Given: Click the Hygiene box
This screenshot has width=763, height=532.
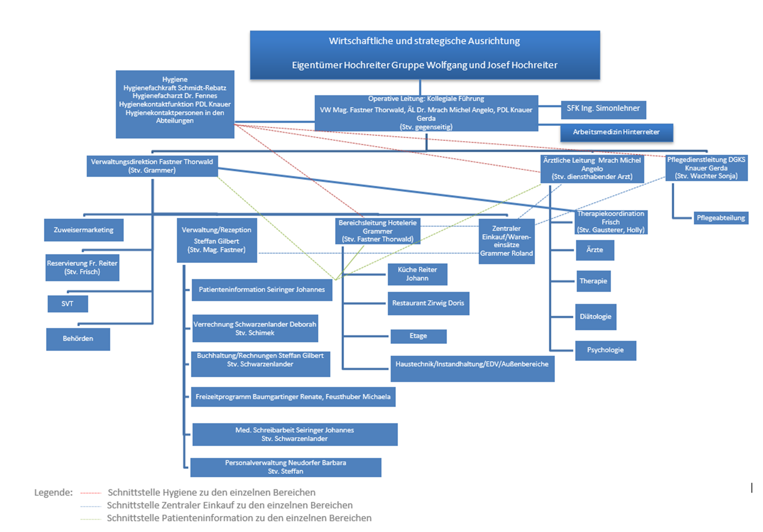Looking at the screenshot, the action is point(175,104).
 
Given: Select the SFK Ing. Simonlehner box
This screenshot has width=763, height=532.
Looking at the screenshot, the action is point(604,110).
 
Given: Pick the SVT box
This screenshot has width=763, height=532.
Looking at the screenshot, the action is point(68,304).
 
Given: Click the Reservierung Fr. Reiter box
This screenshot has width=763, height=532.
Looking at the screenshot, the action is point(82,267).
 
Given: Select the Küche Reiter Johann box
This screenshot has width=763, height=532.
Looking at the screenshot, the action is point(417,274).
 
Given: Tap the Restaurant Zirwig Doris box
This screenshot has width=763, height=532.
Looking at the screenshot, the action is point(428,303).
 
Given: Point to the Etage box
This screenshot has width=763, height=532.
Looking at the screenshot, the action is point(418,336).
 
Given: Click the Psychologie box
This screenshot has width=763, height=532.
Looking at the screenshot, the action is point(605,351).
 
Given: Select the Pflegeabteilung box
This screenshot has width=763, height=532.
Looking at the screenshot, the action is point(721,218).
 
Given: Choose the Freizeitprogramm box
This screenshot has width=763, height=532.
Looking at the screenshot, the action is point(293,397).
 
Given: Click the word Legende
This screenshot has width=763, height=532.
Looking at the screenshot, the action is point(53,492).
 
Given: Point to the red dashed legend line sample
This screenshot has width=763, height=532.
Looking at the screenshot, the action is point(91,493).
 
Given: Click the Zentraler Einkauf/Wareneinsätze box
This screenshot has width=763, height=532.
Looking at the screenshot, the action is point(506,241).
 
